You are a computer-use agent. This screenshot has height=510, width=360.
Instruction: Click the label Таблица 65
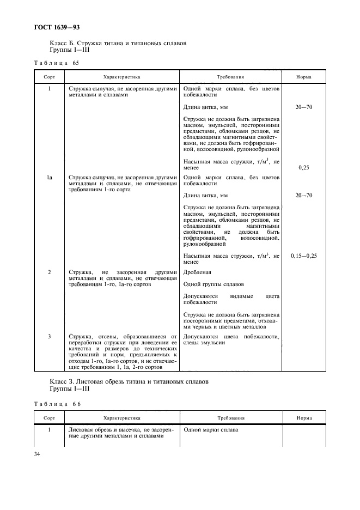click(57, 63)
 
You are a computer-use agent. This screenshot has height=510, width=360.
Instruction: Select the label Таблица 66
click(57, 404)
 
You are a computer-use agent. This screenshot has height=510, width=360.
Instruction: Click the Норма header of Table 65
click(303, 77)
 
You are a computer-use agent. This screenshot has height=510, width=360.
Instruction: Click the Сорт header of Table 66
click(49, 418)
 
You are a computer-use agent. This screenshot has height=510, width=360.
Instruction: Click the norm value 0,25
click(304, 168)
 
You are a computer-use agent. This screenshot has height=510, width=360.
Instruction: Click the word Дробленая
click(197, 271)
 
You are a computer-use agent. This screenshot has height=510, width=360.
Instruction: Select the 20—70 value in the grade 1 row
click(304, 108)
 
